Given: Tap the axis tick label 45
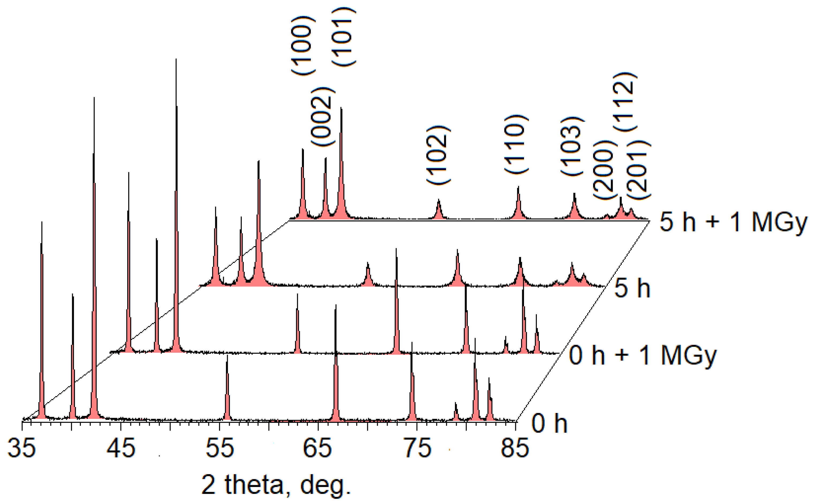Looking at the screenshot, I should (x=121, y=448).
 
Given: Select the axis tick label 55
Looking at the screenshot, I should (x=220, y=448).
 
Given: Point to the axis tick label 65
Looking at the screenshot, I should (x=318, y=448).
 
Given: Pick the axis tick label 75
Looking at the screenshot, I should (x=418, y=448).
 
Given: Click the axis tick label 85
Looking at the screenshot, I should (x=515, y=448).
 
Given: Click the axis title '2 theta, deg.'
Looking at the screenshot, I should (x=276, y=485).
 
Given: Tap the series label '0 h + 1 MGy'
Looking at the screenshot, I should (x=643, y=355).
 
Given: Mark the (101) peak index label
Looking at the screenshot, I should (x=343, y=37).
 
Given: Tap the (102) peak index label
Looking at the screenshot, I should (x=438, y=155).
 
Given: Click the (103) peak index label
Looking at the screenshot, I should (x=572, y=146).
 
